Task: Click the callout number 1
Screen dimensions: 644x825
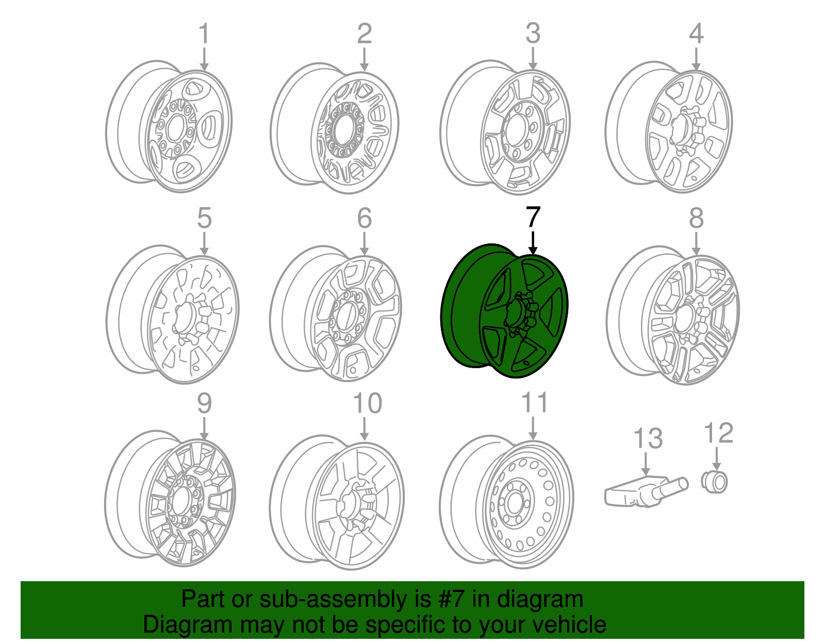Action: coord(204,34)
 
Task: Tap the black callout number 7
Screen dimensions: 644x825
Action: coord(533,218)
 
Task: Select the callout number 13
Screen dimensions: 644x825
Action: coord(648,439)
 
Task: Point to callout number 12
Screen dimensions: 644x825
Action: coord(718,433)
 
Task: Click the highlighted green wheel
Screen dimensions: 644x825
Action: coord(505,312)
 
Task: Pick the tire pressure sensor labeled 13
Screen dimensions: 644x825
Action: coord(645,491)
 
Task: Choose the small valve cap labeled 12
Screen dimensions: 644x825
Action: coord(715,482)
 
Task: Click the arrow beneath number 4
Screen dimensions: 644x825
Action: coord(696,59)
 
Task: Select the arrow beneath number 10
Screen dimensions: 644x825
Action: coord(364,429)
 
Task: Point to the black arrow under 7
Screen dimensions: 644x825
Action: coord(533,243)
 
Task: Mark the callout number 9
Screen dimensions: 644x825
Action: coord(204,403)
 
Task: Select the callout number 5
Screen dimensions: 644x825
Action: coord(204,218)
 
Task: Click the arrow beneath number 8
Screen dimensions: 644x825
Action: coord(696,243)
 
